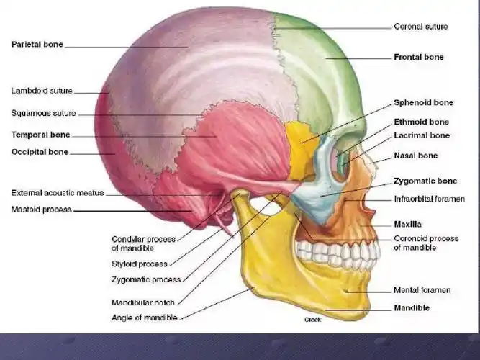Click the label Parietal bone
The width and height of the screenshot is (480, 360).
pyautogui.click(x=37, y=45)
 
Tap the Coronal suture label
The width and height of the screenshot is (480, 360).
pyautogui.click(x=420, y=27)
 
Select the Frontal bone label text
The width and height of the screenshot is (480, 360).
pyautogui.click(x=418, y=57)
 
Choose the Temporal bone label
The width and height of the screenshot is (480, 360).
pyautogui.click(x=40, y=135)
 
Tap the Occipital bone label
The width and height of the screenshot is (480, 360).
pyautogui.click(x=40, y=153)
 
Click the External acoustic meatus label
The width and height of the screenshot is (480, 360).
pyautogui.click(x=58, y=193)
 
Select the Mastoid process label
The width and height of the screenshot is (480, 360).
pyautogui.click(x=41, y=210)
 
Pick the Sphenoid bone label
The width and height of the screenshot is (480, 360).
pyautogui.click(x=423, y=103)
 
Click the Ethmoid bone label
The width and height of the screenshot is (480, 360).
pyautogui.click(x=421, y=122)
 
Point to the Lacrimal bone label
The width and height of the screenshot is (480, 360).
pyautogui.click(x=421, y=135)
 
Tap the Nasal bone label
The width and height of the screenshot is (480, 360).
pyautogui.click(x=415, y=156)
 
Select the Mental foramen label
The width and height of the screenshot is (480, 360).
pyautogui.click(x=422, y=290)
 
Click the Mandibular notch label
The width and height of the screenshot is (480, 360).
pyautogui.click(x=143, y=302)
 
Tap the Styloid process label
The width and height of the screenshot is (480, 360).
pyautogui.click(x=140, y=264)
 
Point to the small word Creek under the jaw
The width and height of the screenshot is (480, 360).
pyautogui.click(x=312, y=319)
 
